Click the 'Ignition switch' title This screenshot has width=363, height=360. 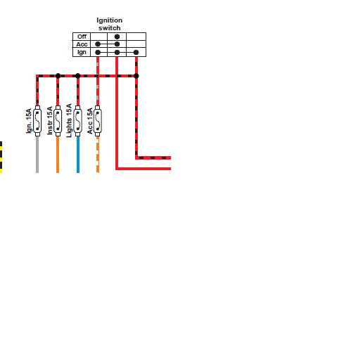(x=110, y=24)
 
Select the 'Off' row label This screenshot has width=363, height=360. (x=82, y=37)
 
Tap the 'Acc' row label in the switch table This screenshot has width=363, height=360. (x=82, y=44)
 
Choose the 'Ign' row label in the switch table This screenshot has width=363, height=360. (x=82, y=52)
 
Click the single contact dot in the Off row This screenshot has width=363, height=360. (x=117, y=37)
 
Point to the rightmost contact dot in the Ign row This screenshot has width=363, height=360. (x=136, y=52)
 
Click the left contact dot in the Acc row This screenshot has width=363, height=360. (x=98, y=44)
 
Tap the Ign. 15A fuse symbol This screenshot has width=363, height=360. (x=37, y=121)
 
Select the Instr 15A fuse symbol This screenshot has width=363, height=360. (x=58, y=121)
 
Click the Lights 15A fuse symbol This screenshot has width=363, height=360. (x=78, y=121)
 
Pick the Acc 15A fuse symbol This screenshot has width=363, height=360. (x=98, y=121)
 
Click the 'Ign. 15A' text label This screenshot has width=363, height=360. (x=29, y=121)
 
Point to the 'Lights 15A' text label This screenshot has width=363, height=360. (x=69, y=120)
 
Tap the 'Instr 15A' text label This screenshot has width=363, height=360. (x=50, y=120)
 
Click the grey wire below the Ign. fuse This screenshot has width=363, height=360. (x=37, y=155)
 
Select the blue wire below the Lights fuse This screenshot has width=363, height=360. (x=78, y=155)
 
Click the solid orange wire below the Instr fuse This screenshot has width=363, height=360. (x=58, y=155)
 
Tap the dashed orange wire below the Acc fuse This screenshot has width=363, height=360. (x=98, y=155)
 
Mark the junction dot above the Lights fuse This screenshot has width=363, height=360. (x=78, y=76)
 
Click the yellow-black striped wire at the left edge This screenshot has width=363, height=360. (x=1, y=157)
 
